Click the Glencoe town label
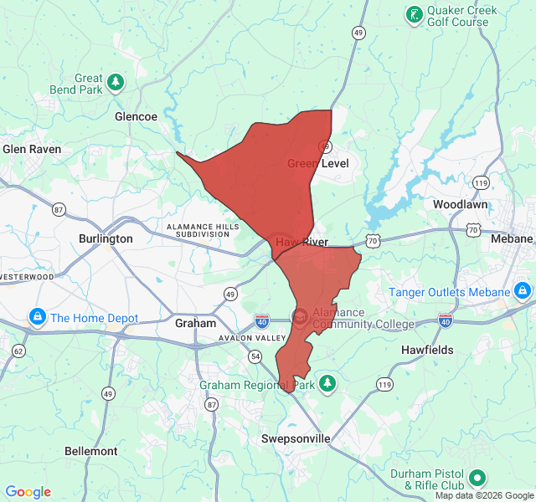point(136,117)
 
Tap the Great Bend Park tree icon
point(116,82)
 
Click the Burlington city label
point(106,238)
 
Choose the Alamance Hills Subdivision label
point(198,230)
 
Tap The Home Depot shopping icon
point(37,318)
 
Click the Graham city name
point(195,322)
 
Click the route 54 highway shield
point(254,357)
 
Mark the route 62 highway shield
point(18,351)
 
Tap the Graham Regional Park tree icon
point(328,383)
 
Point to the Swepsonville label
point(295,439)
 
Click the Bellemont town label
point(91,451)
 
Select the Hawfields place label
point(427,350)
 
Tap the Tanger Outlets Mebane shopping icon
point(522,291)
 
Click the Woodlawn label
point(461,204)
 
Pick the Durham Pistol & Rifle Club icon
point(477,479)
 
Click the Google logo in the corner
point(28,492)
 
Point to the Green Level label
point(318,163)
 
